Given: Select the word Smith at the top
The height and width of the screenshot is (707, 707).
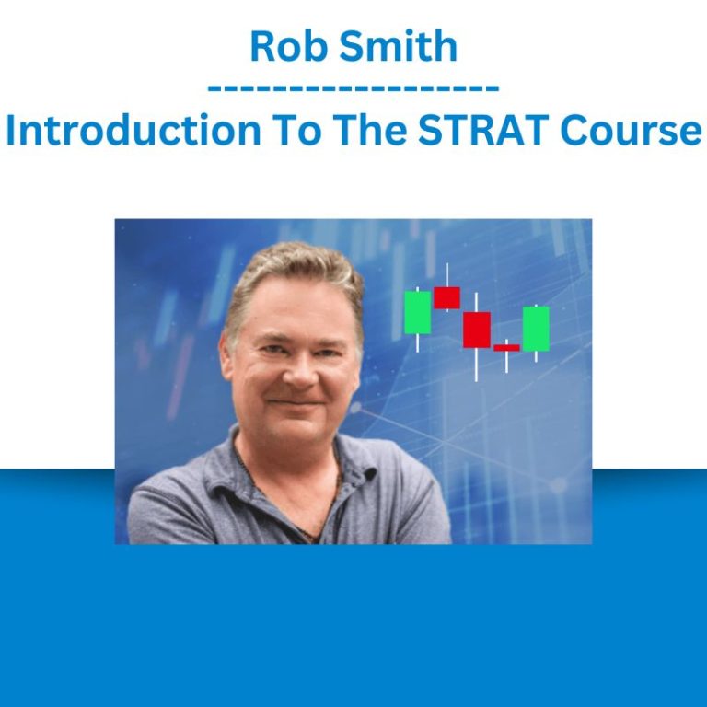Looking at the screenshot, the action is tap(399, 45).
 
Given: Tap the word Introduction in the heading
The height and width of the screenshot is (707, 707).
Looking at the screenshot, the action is tap(133, 130).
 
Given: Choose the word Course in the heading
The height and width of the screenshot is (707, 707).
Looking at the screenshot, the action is tap(631, 131).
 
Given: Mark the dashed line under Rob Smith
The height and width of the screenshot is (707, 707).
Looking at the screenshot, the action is tap(353, 87).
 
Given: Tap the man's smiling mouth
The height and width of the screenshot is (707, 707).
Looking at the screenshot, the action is tap(296, 402).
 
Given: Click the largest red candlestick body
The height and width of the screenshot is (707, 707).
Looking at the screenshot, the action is tap(477, 330).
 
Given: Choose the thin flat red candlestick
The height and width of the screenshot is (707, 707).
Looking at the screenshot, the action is tap(506, 348).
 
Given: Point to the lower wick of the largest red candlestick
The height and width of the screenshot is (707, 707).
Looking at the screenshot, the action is tap(476, 365).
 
